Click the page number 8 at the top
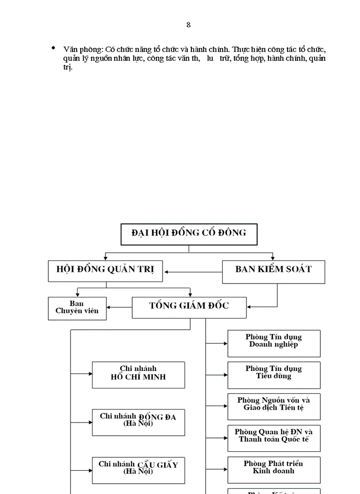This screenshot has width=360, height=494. point(188,25)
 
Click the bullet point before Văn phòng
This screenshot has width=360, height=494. point(53,48)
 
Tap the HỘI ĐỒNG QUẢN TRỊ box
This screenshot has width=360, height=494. point(105,270)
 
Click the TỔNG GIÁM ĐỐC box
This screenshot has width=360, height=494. point(189,307)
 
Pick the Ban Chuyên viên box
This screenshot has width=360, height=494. point(77,308)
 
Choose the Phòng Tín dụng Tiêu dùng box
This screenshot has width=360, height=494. point(274,374)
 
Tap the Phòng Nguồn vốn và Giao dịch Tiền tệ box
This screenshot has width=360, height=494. point(274,405)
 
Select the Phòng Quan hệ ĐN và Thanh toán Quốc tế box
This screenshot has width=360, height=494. point(274,437)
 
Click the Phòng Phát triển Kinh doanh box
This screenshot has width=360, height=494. point(274,469)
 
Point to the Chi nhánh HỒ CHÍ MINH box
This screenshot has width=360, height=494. point(138,374)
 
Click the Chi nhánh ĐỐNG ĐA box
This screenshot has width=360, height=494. point(138,421)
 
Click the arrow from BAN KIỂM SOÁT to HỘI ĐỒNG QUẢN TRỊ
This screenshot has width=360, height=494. point(193,272)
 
